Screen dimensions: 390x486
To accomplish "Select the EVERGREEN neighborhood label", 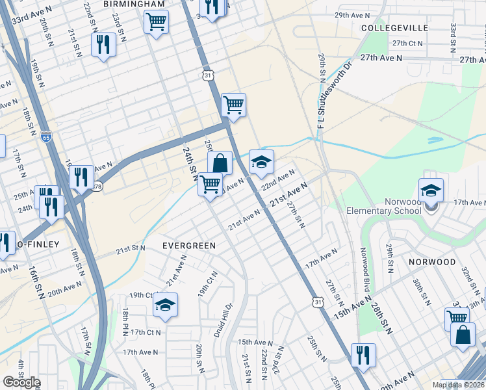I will coord(188,246).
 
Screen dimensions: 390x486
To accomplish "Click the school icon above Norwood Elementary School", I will coord(431,190).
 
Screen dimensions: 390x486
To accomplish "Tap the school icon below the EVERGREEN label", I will coord(165,305).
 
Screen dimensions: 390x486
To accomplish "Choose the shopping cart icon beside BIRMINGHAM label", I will coord(156,22).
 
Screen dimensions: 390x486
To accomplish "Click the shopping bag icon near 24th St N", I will coord(220,163).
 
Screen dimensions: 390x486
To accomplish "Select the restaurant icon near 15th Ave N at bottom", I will coord(363,355).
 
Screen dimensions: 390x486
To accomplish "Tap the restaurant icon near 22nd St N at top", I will coord(103,45).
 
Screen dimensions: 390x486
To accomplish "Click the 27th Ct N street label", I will coord(407,44).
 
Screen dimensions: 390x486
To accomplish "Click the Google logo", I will coord(21,382).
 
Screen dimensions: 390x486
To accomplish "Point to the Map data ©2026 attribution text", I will coord(458,385).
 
